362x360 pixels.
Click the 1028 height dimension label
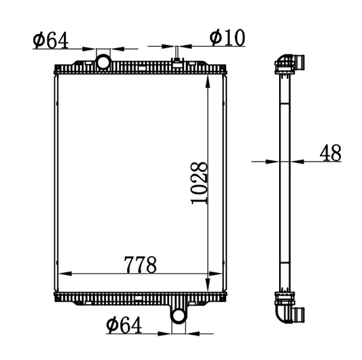click(199, 183)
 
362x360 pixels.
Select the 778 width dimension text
click(140, 264)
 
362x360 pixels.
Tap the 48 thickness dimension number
click(330, 153)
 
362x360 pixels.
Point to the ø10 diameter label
click(227, 37)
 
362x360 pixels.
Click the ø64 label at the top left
click(51, 40)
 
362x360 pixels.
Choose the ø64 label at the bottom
click(124, 325)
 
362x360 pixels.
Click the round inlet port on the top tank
click(103, 62)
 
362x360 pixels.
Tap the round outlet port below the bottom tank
click(179, 316)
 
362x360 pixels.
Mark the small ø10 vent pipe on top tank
click(177, 52)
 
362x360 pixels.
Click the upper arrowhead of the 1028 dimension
click(208, 82)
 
